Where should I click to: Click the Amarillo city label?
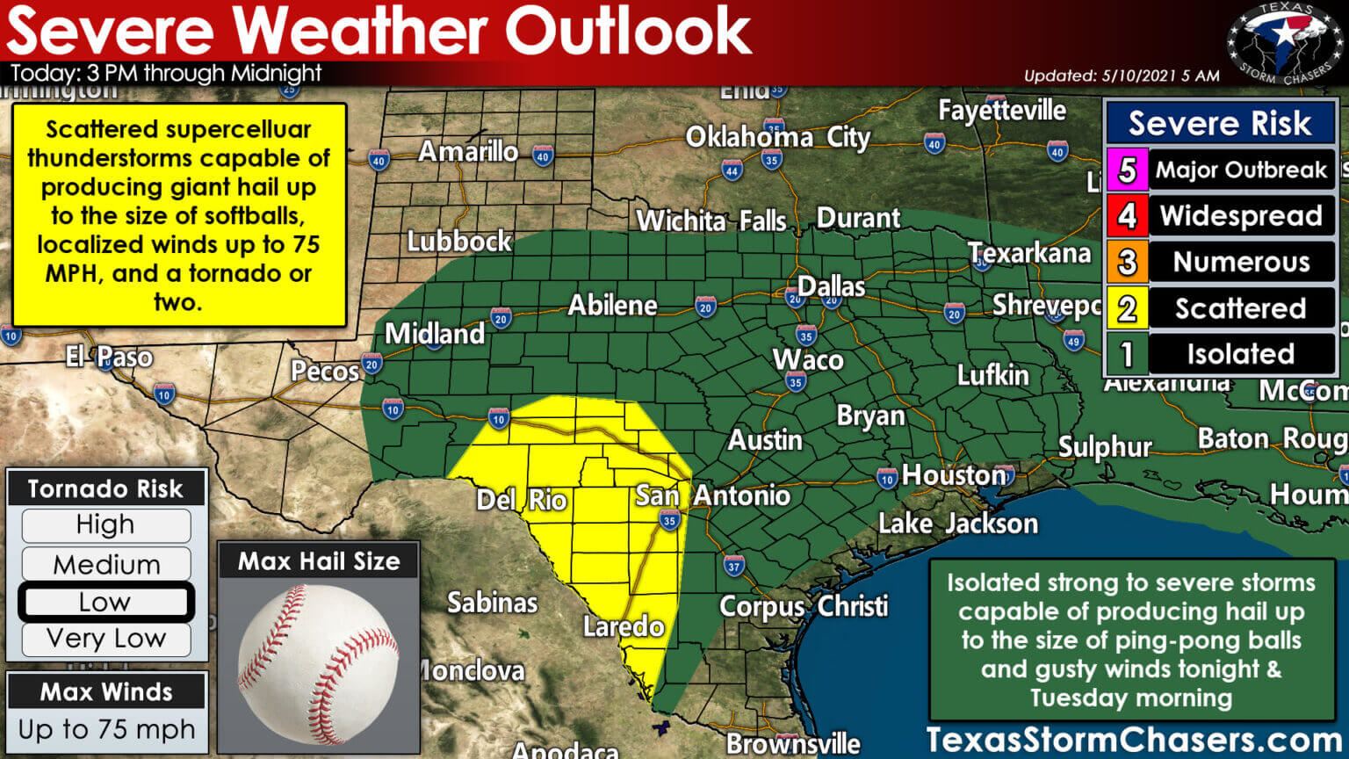point(467,152)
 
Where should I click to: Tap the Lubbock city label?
point(458,242)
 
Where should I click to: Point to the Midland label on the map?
point(434,334)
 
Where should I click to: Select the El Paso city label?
point(109,358)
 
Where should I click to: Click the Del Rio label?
point(521,501)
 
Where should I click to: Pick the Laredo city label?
point(623,626)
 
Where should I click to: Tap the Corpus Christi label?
point(803,607)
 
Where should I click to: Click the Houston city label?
point(954,475)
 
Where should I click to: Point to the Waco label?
point(807,359)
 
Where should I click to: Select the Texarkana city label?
point(1028,254)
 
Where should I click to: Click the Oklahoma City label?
point(777,138)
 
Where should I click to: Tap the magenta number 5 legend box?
point(1127,170)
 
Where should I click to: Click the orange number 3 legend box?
point(1127,262)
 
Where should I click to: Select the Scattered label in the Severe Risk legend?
point(1240,308)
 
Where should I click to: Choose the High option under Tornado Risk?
point(105,525)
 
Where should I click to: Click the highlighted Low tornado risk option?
point(105,603)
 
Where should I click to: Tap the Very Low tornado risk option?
point(105,639)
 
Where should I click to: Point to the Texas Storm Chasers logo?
point(1283,43)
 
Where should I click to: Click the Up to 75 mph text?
point(106,730)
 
